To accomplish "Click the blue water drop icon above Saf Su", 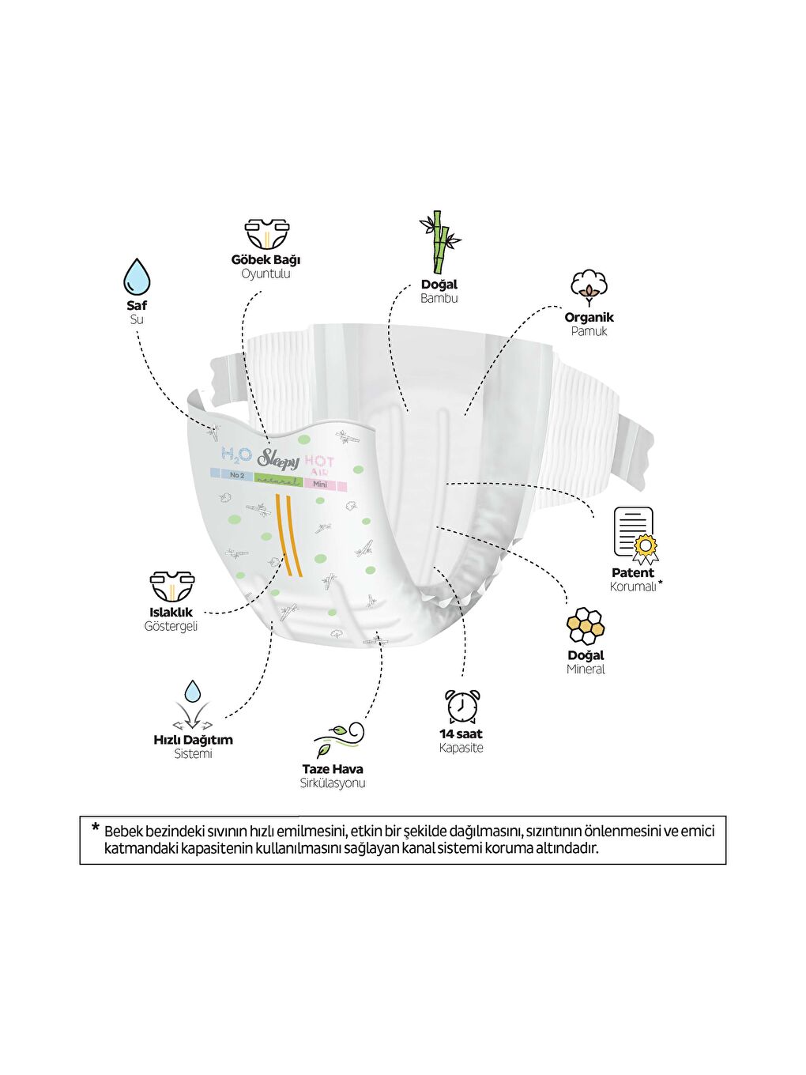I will pyautogui.click(x=137, y=277).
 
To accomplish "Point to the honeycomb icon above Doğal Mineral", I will pyautogui.click(x=586, y=627).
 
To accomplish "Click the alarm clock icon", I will pyautogui.click(x=462, y=706).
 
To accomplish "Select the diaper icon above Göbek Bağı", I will pyautogui.click(x=266, y=235).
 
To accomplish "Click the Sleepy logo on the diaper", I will pyautogui.click(x=277, y=459).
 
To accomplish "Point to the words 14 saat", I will pyautogui.click(x=461, y=734).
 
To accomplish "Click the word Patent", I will pyautogui.click(x=633, y=572).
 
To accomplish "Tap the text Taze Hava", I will pyautogui.click(x=333, y=769).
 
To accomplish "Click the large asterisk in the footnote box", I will pyautogui.click(x=96, y=828).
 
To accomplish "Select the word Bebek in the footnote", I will pyautogui.click(x=123, y=832).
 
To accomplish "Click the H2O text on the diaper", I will pyautogui.click(x=236, y=455).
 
